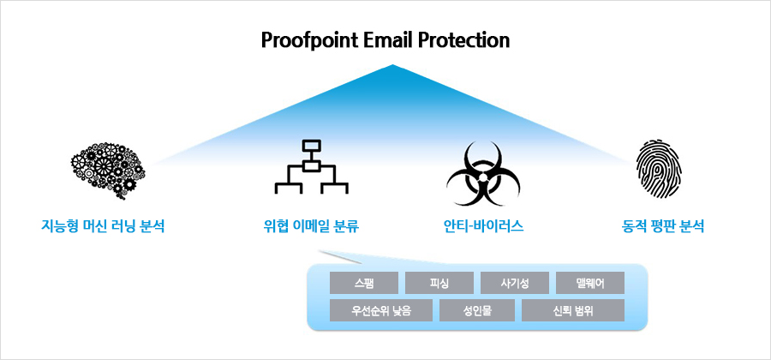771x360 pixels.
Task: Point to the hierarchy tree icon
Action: click(311, 166)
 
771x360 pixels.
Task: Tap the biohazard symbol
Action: click(483, 173)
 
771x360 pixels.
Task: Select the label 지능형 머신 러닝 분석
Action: click(102, 227)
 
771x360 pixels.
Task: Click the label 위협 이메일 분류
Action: click(311, 227)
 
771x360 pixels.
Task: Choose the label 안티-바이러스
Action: click(483, 227)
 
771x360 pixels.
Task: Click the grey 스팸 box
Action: click(364, 283)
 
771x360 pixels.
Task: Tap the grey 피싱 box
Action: click(439, 283)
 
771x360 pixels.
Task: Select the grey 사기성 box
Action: click(514, 283)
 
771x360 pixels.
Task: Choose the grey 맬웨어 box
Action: click(590, 283)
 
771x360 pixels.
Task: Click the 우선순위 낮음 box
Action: click(381, 310)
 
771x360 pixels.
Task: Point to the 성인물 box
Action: click(477, 310)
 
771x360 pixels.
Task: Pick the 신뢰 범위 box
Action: click(573, 310)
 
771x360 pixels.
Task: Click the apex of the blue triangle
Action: click(392, 65)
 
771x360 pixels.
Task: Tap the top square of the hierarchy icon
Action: click(311, 146)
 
